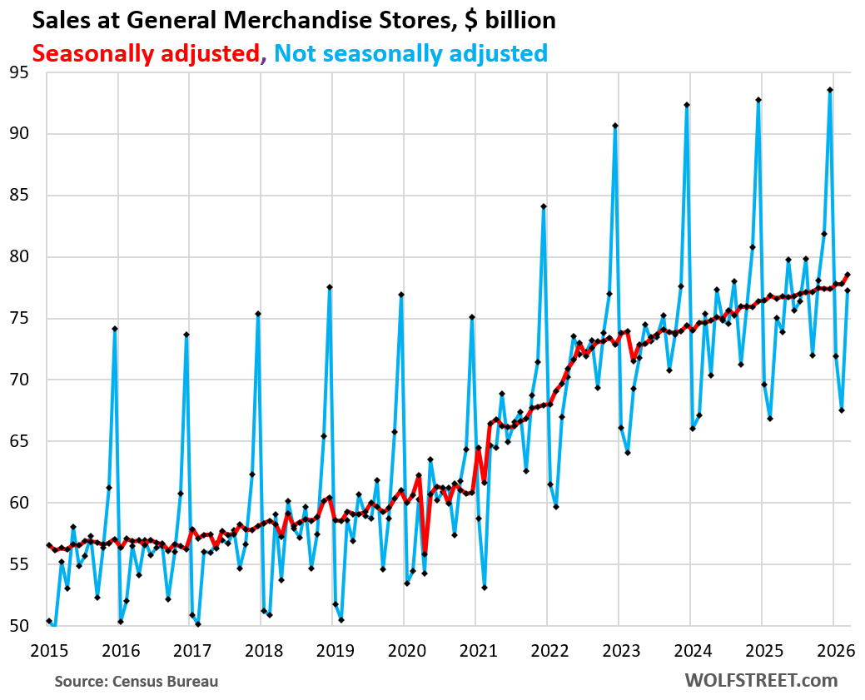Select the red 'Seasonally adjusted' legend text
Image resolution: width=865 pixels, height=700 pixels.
tap(146, 53)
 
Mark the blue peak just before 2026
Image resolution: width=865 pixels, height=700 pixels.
tap(830, 90)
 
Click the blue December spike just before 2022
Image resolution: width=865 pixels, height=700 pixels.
tap(544, 206)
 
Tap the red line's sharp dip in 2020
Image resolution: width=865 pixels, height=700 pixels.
tap(425, 554)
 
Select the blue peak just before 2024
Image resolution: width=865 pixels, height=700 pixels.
tap(687, 105)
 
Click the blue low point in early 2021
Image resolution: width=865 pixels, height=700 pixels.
tap(485, 588)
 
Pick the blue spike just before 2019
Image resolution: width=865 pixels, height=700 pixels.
tap(330, 287)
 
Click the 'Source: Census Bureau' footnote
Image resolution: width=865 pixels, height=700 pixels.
tap(137, 682)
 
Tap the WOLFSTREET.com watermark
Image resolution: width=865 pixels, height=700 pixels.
tap(761, 680)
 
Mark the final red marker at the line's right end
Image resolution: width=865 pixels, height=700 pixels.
tap(848, 275)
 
